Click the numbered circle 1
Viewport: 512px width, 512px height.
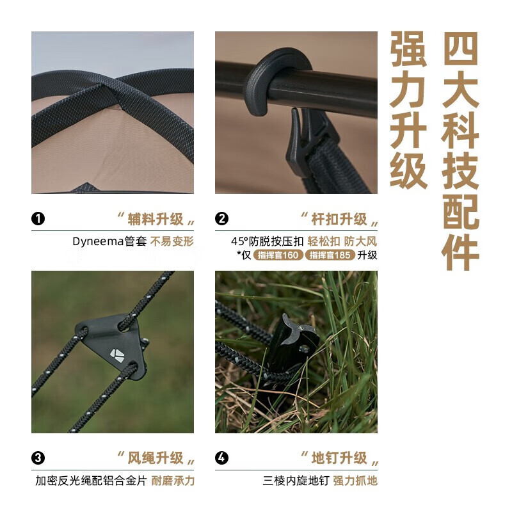point(38,218)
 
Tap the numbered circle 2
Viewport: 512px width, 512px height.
point(221,218)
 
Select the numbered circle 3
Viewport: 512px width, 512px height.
point(38,458)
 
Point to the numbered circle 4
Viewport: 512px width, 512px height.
point(221,458)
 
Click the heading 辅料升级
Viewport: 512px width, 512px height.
point(156,219)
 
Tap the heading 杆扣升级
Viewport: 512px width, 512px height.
point(339,219)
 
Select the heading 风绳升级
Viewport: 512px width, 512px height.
point(156,458)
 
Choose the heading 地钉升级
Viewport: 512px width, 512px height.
point(339,458)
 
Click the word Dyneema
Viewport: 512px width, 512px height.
point(98,242)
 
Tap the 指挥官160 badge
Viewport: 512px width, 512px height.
point(278,255)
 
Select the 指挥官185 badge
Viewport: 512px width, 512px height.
point(330,255)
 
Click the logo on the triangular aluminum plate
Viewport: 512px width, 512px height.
point(116,355)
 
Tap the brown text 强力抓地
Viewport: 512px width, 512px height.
point(355,481)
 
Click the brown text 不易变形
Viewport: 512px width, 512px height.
point(172,242)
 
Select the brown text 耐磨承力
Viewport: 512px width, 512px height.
point(173,481)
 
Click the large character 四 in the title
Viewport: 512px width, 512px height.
point(460,49)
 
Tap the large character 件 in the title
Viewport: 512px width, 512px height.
point(460,252)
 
